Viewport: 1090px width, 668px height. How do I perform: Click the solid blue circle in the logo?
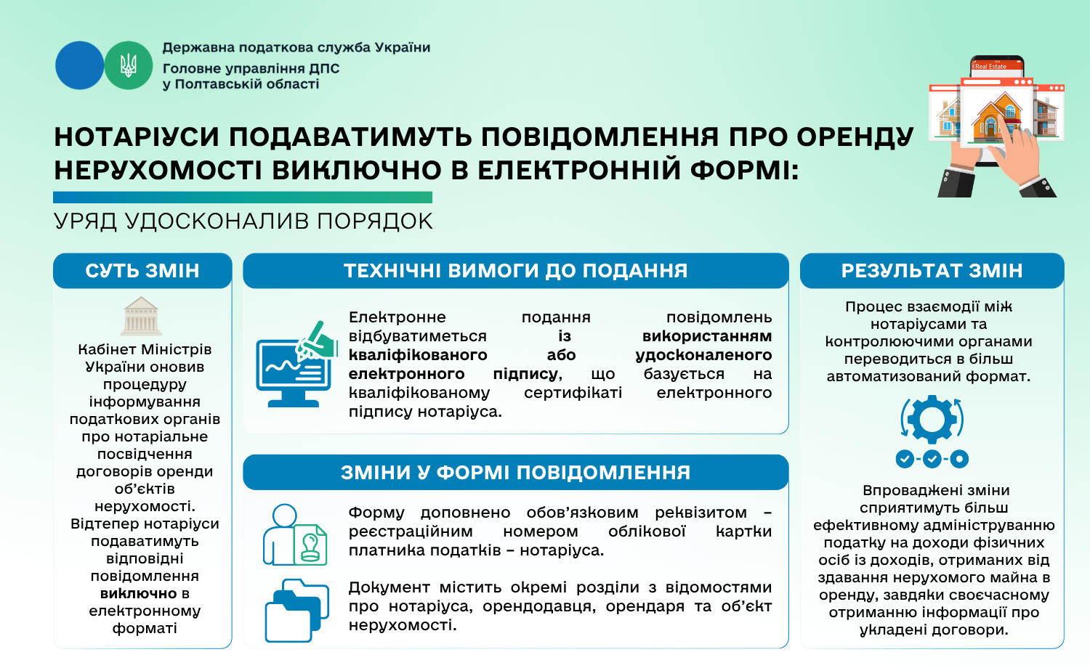[x=79, y=65]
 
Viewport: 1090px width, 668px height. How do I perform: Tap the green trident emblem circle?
[x=129, y=65]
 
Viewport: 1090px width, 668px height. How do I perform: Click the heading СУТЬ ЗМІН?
[x=142, y=271]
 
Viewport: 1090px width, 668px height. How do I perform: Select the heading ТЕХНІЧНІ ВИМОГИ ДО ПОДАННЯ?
[x=516, y=271]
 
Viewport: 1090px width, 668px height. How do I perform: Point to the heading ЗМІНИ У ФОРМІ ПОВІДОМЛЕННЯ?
[x=516, y=473]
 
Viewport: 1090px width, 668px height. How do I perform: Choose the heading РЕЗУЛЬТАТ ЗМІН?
[x=932, y=271]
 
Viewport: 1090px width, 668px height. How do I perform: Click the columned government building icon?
[x=141, y=316]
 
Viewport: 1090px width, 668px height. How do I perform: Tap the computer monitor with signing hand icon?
[x=296, y=364]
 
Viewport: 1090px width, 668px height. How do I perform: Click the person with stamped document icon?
[x=295, y=534]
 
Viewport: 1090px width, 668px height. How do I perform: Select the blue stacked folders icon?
[x=296, y=611]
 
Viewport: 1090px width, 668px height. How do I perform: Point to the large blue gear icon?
[x=932, y=419]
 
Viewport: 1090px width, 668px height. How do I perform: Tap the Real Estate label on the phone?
[x=990, y=67]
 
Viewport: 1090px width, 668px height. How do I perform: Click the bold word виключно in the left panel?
[x=138, y=594]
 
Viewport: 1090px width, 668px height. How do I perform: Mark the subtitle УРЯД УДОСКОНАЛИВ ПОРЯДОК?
[x=243, y=221]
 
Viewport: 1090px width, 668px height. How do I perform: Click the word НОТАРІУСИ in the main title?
[x=137, y=137]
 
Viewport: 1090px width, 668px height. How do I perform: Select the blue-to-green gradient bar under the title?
[x=243, y=197]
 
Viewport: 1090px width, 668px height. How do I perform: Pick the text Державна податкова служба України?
[x=296, y=48]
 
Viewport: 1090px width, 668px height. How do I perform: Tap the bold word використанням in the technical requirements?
[x=707, y=336]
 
